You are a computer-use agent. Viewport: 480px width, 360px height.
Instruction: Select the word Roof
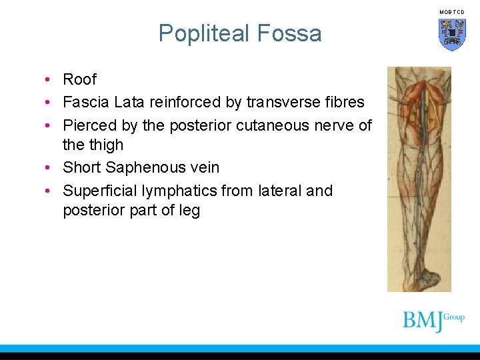tap(79, 79)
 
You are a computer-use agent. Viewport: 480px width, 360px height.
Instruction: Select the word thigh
tap(107, 145)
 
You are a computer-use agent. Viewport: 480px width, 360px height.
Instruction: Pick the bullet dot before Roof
tap(49, 80)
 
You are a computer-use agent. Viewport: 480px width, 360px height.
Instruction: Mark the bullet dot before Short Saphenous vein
tap(49, 168)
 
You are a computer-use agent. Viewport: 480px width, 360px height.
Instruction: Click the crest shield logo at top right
tap(452, 34)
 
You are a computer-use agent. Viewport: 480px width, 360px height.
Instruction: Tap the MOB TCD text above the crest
tap(452, 13)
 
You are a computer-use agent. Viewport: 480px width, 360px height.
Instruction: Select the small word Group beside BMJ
tap(454, 317)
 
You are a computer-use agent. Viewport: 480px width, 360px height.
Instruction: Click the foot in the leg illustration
tap(425, 277)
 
